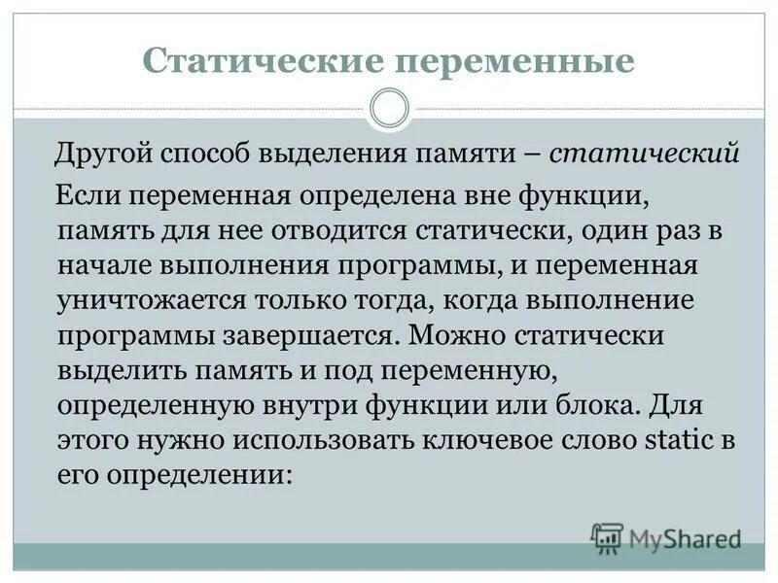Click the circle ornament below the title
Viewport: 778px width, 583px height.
pyautogui.click(x=389, y=108)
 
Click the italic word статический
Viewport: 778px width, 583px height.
pyautogui.click(x=646, y=154)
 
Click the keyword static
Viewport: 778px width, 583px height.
pyautogui.click(x=680, y=441)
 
